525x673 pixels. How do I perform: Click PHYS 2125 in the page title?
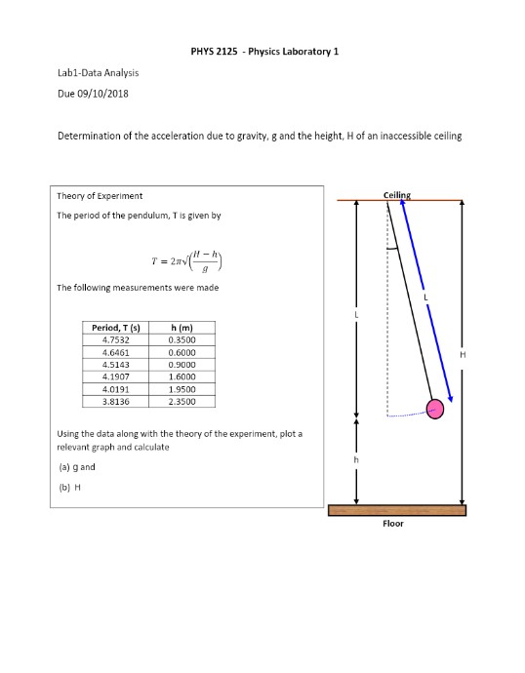coord(210,50)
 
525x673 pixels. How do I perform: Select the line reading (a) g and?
coord(76,466)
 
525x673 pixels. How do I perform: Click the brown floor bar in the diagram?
coord(397,510)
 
